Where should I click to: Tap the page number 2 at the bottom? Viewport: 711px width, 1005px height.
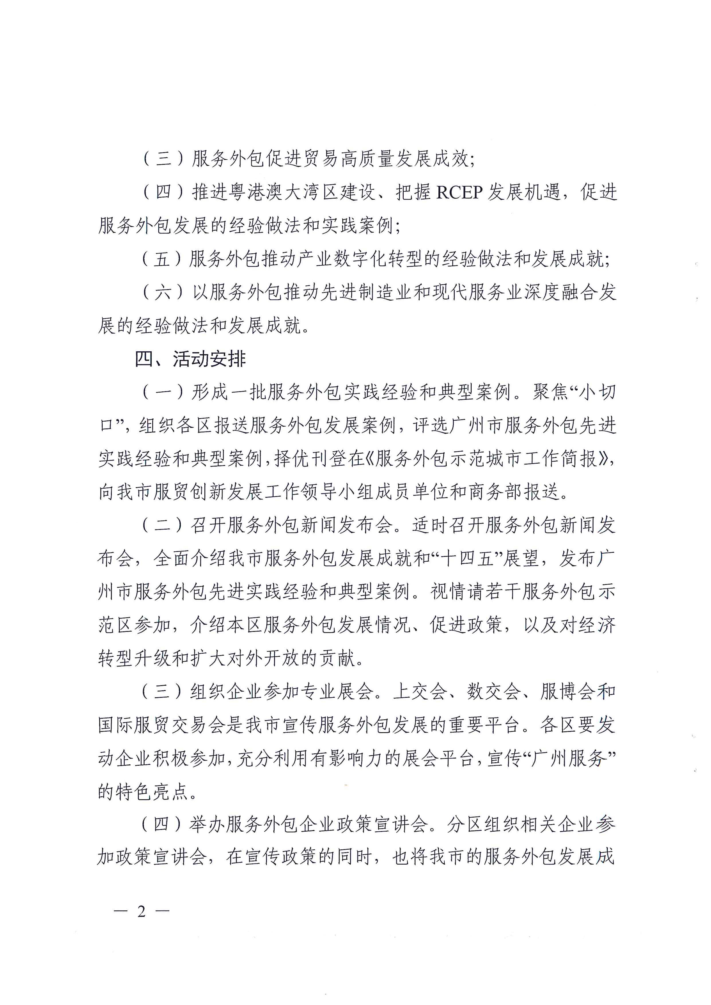point(141,912)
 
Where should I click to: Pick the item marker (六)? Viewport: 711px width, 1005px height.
point(163,292)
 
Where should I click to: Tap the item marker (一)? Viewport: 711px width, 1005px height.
point(163,393)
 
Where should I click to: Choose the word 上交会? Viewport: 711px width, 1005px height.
point(420,692)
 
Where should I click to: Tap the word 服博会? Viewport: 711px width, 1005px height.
point(568,692)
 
